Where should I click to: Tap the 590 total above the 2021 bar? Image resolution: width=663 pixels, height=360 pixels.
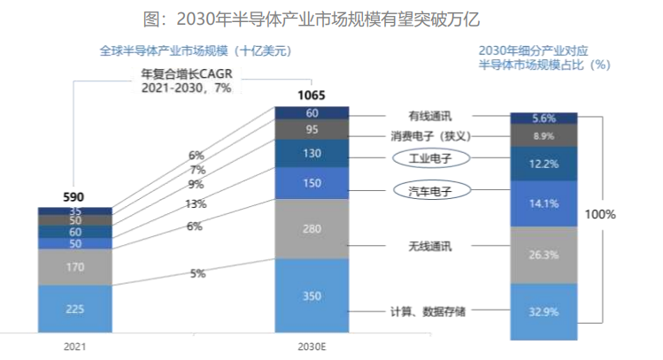click(x=74, y=196)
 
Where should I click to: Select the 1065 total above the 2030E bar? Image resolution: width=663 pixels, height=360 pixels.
click(x=312, y=95)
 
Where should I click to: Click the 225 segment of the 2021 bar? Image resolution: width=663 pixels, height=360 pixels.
click(x=74, y=309)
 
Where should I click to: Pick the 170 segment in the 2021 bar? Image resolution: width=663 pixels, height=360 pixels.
click(x=74, y=266)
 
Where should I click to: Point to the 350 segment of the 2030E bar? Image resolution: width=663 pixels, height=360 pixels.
click(x=312, y=296)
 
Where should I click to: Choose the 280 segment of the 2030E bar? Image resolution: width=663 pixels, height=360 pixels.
click(x=312, y=229)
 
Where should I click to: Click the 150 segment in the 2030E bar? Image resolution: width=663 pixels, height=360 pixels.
click(x=312, y=183)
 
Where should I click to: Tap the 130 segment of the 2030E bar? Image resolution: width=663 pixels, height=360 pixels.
click(x=312, y=153)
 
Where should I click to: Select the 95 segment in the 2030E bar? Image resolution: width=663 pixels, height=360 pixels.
click(x=312, y=129)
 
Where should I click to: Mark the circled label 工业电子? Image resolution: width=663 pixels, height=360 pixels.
click(x=431, y=157)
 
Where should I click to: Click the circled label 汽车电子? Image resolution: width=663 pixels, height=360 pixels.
click(x=431, y=190)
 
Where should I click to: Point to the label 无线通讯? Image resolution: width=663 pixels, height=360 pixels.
click(x=431, y=247)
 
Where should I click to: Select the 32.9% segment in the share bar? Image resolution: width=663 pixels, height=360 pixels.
click(x=544, y=311)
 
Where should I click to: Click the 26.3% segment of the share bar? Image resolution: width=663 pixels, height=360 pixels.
click(x=544, y=255)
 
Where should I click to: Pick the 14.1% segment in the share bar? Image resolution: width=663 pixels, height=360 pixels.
click(x=544, y=203)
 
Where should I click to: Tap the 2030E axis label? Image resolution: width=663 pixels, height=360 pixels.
click(x=312, y=348)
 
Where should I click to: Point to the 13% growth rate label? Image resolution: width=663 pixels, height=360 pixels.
click(x=196, y=204)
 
